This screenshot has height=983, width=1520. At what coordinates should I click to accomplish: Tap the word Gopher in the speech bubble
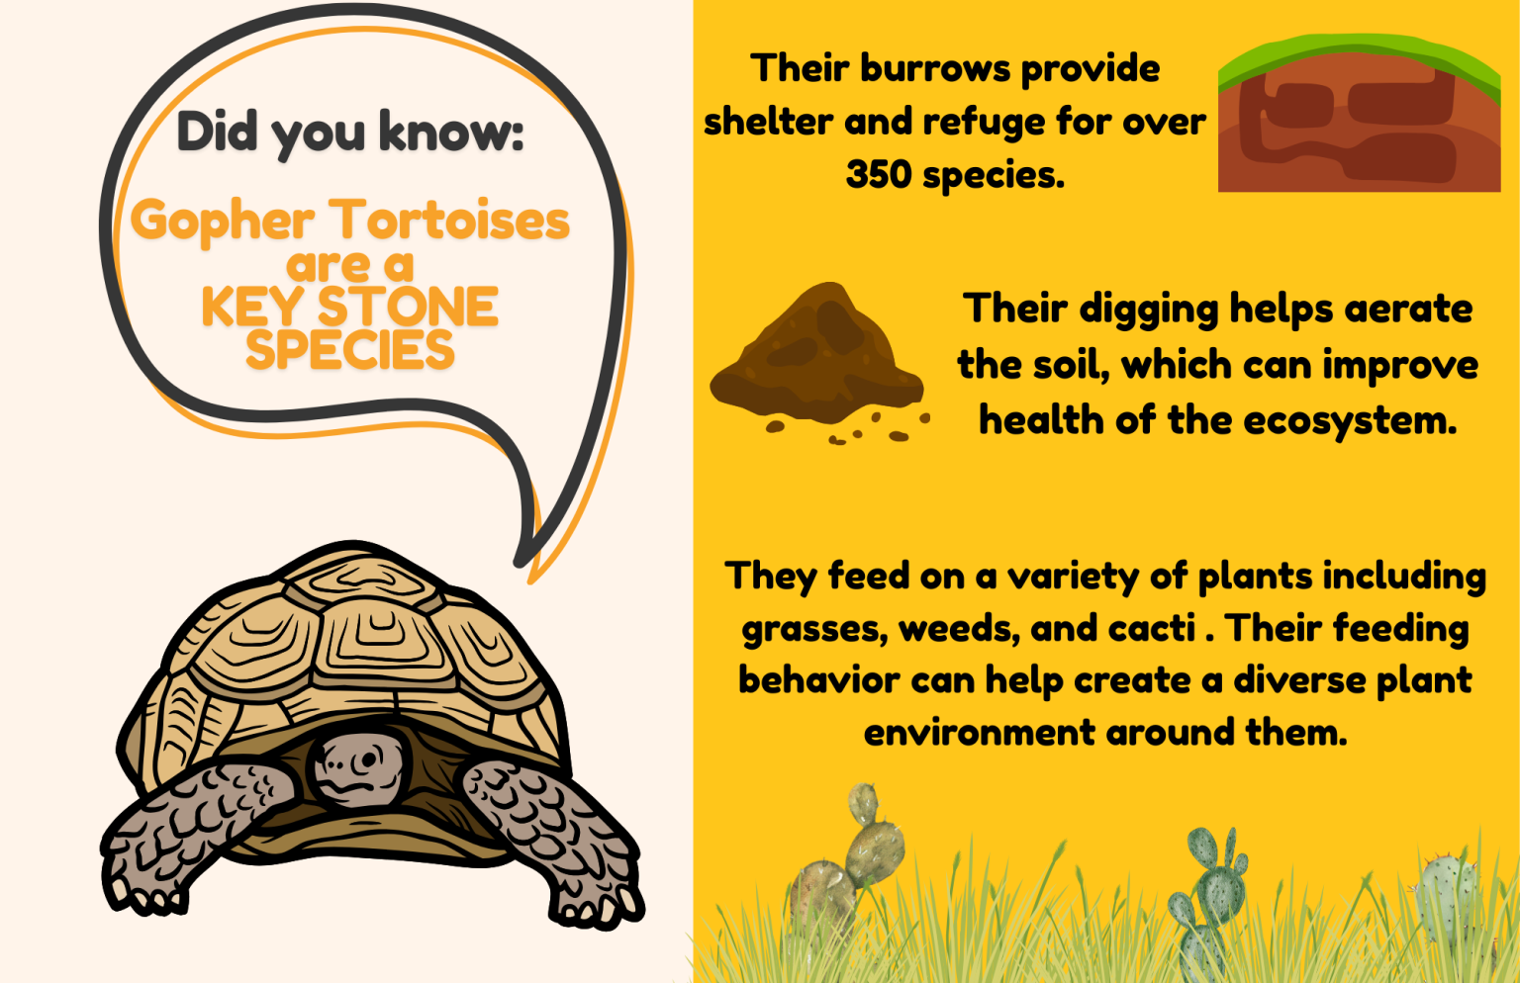click(223, 221)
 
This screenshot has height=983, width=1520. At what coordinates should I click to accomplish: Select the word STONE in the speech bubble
click(408, 307)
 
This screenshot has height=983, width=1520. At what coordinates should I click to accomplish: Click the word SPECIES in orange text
click(350, 350)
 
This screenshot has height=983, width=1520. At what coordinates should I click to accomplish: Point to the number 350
click(879, 175)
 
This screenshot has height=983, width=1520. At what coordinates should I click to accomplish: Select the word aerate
click(1409, 309)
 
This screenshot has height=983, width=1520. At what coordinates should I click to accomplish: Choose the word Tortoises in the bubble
click(449, 221)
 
